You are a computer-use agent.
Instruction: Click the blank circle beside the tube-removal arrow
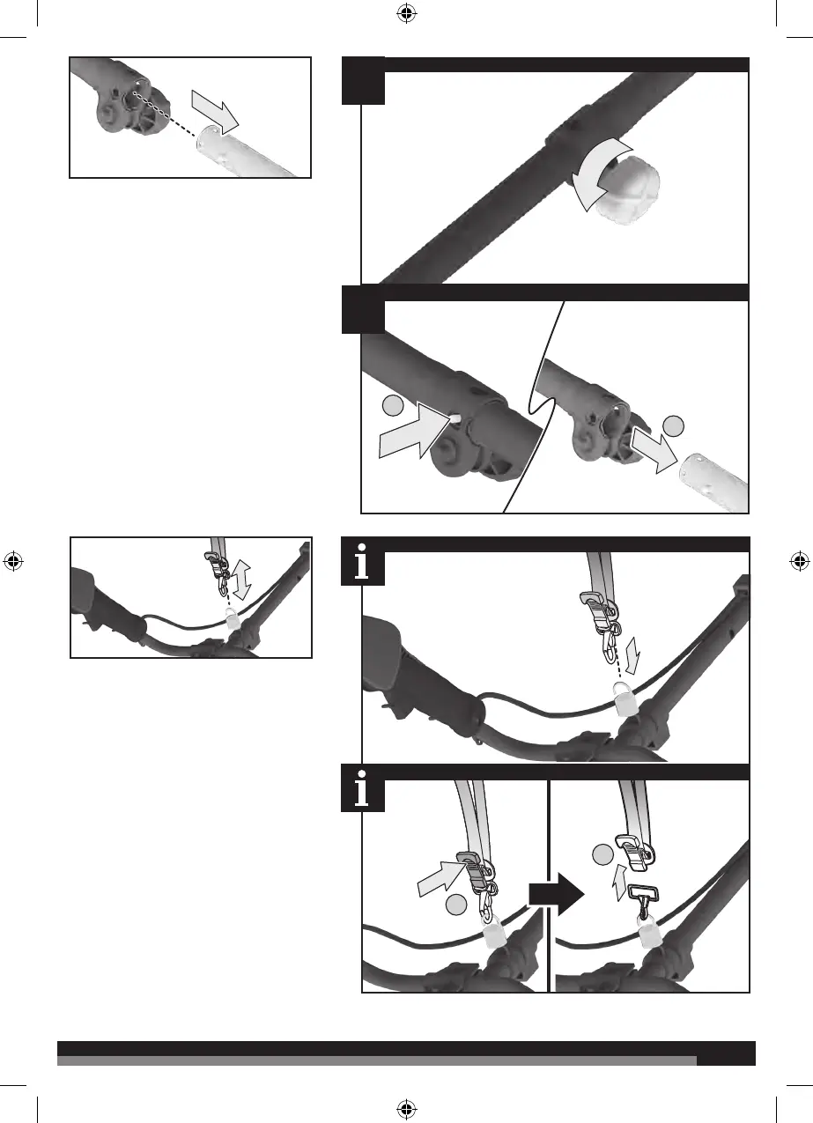(675, 425)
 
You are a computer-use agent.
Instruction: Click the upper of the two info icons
(363, 565)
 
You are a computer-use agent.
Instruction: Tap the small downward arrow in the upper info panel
(638, 660)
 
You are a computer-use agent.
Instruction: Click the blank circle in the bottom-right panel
(602, 853)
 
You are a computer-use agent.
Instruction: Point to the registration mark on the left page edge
(13, 560)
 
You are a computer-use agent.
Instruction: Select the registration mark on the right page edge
(799, 560)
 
